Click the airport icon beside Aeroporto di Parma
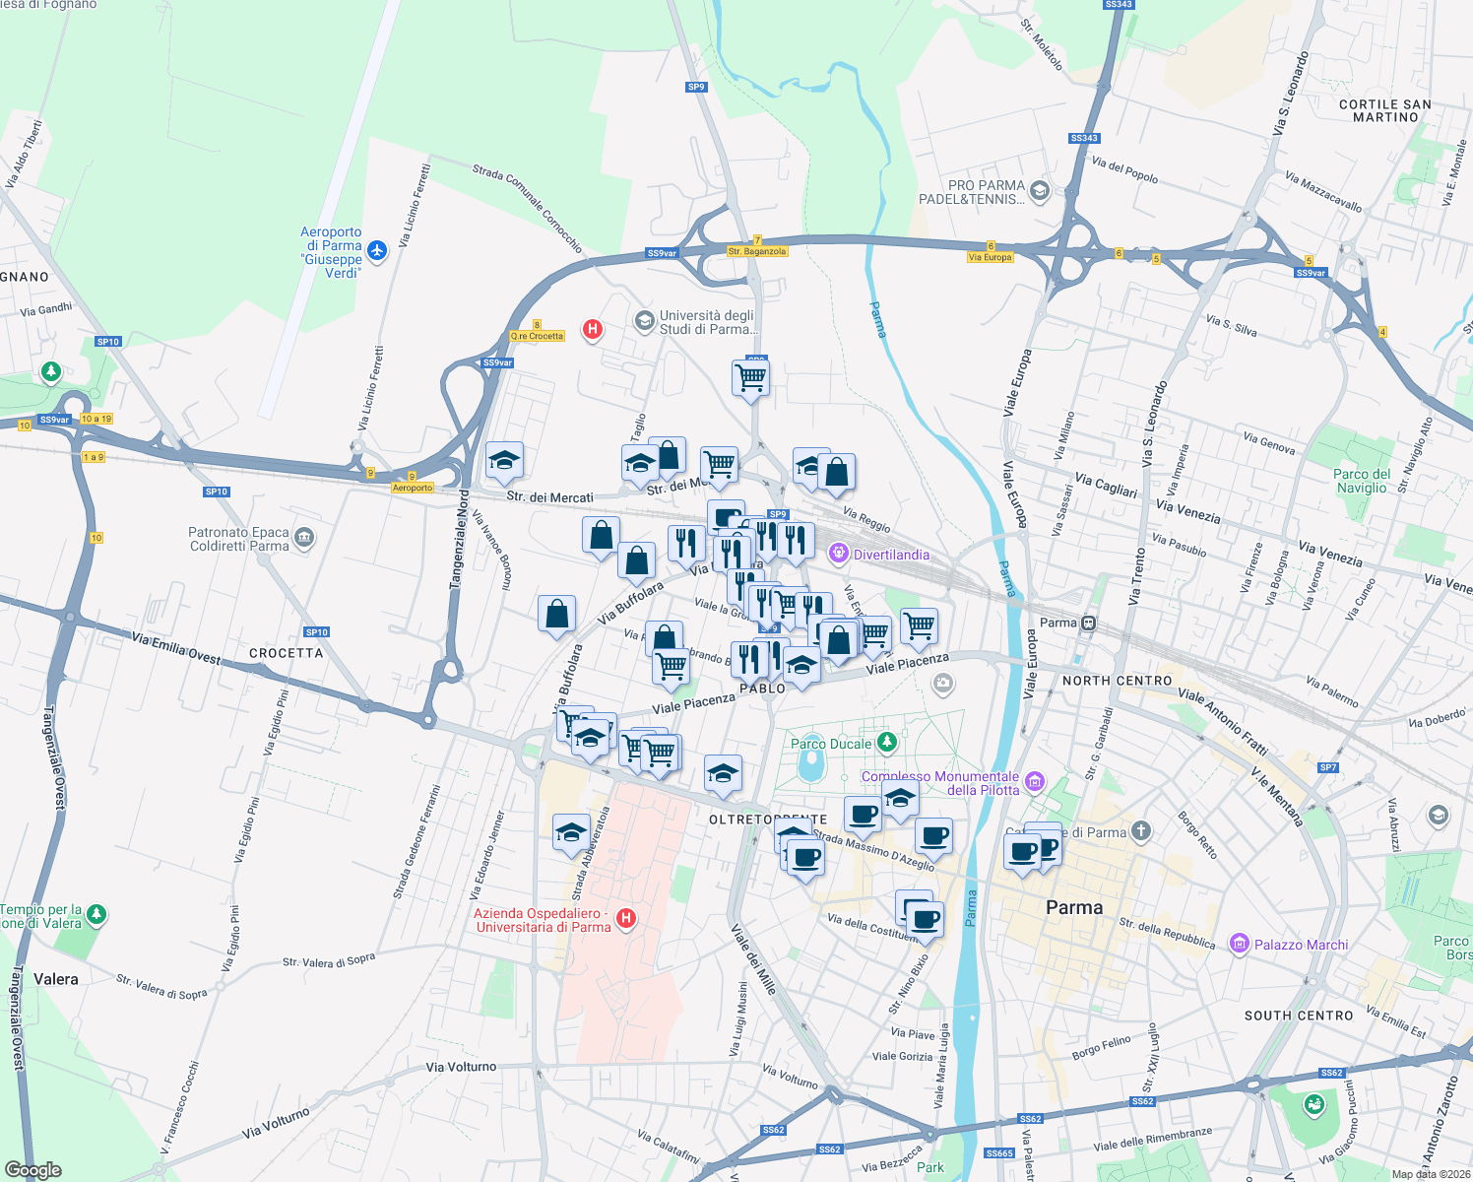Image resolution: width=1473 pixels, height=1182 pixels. click(376, 251)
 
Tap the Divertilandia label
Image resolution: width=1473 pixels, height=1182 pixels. click(890, 555)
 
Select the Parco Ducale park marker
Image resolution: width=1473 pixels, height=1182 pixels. click(887, 741)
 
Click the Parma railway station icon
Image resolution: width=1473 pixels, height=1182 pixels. click(1088, 623)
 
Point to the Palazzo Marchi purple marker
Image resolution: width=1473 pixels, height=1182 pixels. click(1239, 944)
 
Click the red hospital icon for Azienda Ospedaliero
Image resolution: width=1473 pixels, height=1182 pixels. click(625, 919)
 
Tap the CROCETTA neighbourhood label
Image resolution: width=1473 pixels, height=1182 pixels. click(286, 653)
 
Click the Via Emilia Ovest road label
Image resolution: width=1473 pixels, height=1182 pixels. click(176, 648)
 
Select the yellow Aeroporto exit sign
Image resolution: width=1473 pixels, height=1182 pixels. click(413, 488)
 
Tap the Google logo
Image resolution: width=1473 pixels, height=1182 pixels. click(33, 1169)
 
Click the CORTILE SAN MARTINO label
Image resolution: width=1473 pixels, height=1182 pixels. click(1385, 110)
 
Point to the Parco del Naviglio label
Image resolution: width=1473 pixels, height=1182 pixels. click(1362, 481)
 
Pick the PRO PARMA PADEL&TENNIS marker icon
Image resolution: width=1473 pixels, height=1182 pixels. click(1040, 191)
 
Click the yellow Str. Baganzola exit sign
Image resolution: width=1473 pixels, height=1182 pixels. click(757, 251)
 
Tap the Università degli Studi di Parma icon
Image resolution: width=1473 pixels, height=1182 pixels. click(644, 321)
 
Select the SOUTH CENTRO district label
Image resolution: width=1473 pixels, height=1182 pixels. click(1299, 1016)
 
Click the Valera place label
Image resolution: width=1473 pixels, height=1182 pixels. click(56, 979)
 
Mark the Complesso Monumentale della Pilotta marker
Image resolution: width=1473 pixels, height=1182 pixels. click(1034, 783)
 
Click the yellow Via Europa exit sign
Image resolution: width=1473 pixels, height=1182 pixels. click(990, 257)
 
